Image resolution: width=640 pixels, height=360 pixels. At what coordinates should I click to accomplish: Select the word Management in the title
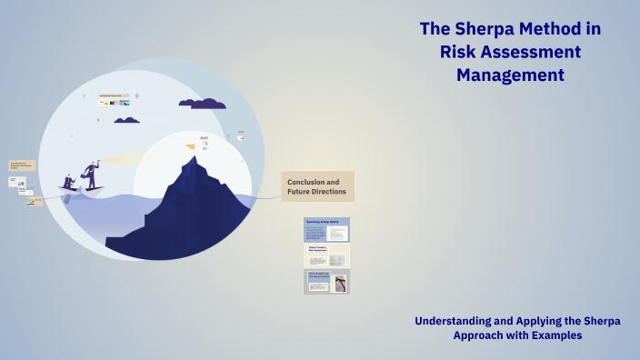[x=510, y=75]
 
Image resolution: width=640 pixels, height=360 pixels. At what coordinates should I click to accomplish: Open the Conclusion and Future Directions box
[x=317, y=186]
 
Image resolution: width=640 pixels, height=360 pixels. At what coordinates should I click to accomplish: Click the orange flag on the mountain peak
[x=191, y=145]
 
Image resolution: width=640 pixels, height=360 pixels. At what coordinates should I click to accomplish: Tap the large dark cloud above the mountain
[x=203, y=103]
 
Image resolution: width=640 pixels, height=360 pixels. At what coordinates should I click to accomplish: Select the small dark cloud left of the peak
[x=126, y=119]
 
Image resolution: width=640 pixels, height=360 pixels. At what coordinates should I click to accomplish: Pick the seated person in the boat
[x=69, y=181]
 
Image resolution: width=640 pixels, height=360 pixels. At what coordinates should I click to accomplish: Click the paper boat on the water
[x=81, y=190]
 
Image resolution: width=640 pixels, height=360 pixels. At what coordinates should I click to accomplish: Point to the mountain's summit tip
[x=192, y=158]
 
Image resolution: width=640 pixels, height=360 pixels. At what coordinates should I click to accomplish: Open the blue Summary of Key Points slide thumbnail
[x=326, y=229]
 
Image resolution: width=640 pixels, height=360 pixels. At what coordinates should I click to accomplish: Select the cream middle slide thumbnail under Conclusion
[x=326, y=255]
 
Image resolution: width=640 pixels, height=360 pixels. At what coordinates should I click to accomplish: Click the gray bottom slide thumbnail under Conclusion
[x=326, y=282]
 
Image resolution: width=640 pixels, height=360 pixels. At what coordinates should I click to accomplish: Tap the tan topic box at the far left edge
[x=22, y=166]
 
